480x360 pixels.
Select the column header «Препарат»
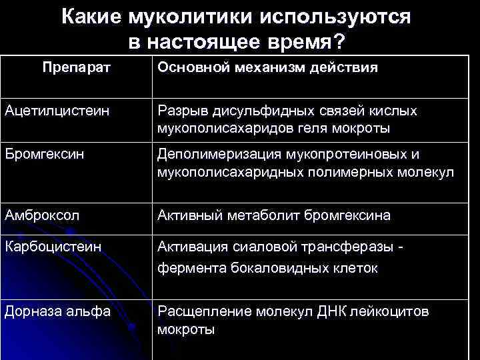pos(76,68)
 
